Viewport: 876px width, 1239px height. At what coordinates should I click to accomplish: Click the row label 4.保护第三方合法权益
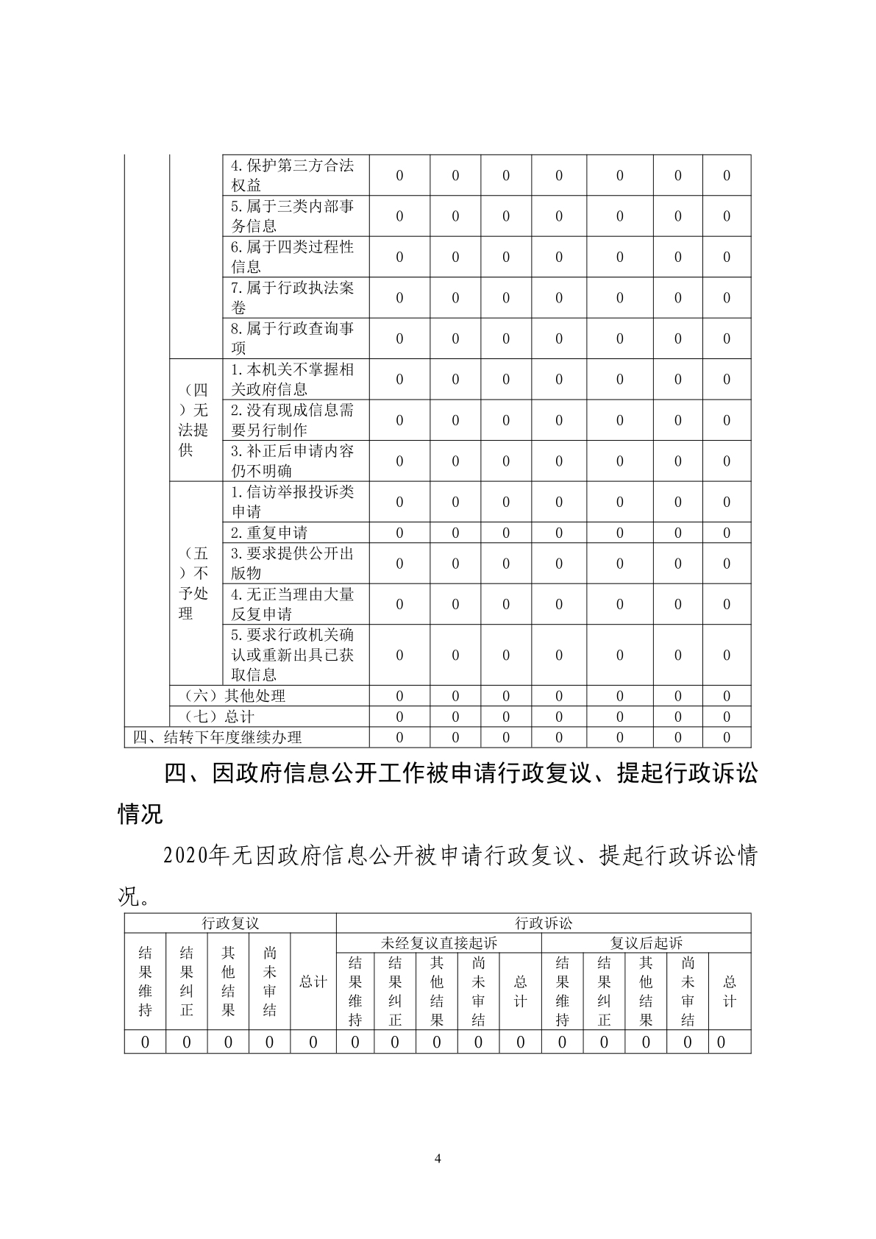coord(293,175)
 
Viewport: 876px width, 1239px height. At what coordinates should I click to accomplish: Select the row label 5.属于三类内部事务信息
coord(293,216)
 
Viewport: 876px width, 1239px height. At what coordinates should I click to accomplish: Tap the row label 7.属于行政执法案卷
coord(293,297)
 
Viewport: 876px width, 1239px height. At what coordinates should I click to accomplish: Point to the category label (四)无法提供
coord(194,420)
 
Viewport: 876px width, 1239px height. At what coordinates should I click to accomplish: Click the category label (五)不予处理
coord(194,583)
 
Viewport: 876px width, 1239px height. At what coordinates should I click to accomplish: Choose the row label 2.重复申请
coord(269,533)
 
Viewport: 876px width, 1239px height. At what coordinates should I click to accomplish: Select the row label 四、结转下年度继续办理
coord(218,737)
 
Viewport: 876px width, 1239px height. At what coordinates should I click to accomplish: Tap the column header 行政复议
coord(230,923)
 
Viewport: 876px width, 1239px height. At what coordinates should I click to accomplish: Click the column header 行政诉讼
coord(544,923)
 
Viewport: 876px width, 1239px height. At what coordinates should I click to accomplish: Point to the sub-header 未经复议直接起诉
coord(439,943)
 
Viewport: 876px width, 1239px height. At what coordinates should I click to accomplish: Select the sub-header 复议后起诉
coord(647,943)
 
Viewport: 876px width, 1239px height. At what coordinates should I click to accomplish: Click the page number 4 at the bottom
coord(438,1160)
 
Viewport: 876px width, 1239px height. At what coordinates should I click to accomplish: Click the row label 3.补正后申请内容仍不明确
coord(293,461)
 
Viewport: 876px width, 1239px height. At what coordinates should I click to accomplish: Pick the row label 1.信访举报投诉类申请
coord(293,502)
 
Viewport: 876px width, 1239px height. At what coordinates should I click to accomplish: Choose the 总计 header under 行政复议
coord(313,982)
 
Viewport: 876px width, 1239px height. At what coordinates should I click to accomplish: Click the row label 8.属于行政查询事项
coord(293,338)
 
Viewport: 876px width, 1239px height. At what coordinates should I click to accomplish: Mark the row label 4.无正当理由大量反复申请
coord(293,603)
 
